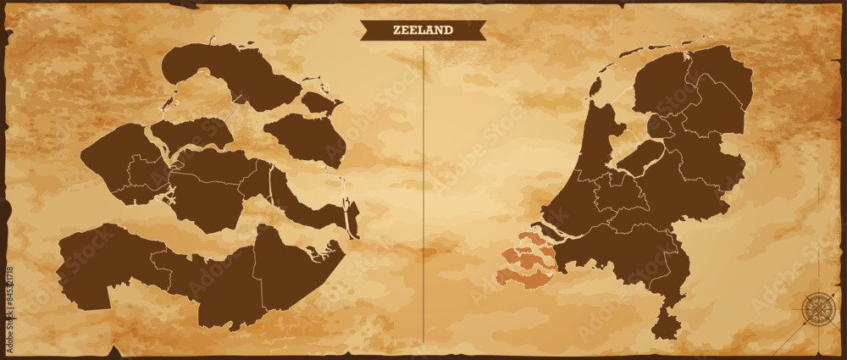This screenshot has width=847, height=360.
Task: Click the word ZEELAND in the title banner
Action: (x=423, y=30)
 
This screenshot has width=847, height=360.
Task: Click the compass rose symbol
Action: (x=818, y=308)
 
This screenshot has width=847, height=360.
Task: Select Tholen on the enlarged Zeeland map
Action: (x=305, y=136)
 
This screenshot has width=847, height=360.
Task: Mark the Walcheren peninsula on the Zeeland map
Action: (x=119, y=165)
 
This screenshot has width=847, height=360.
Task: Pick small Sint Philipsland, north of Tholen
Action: (x=320, y=102)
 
